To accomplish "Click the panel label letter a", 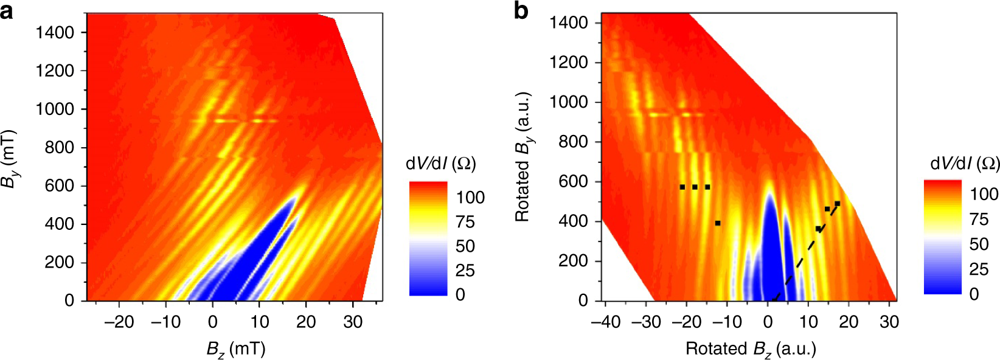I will pos(7,11).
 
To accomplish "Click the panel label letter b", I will pos(521,11).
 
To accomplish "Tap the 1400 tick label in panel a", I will pos(55,32).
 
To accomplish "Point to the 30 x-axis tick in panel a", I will pos(353,322).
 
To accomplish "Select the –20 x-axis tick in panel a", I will pos(119,322).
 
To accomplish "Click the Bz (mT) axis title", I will pos(236,348).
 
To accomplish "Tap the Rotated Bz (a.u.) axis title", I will pos(751,348).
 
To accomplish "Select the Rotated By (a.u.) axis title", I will pos(523,157).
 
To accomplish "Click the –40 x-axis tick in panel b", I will pos(605,322).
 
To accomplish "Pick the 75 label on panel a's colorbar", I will pos(465,222).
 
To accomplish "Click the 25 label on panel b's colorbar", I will pos(979,269).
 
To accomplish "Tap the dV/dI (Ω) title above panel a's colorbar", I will pos(440,164).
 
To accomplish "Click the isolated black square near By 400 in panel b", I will pos(718,223).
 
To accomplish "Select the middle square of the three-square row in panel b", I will pos(695,187).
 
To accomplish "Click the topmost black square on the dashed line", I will pos(837,204).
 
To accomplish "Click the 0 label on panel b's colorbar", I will pos(974,294).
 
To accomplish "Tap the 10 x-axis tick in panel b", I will pos(808,322).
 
